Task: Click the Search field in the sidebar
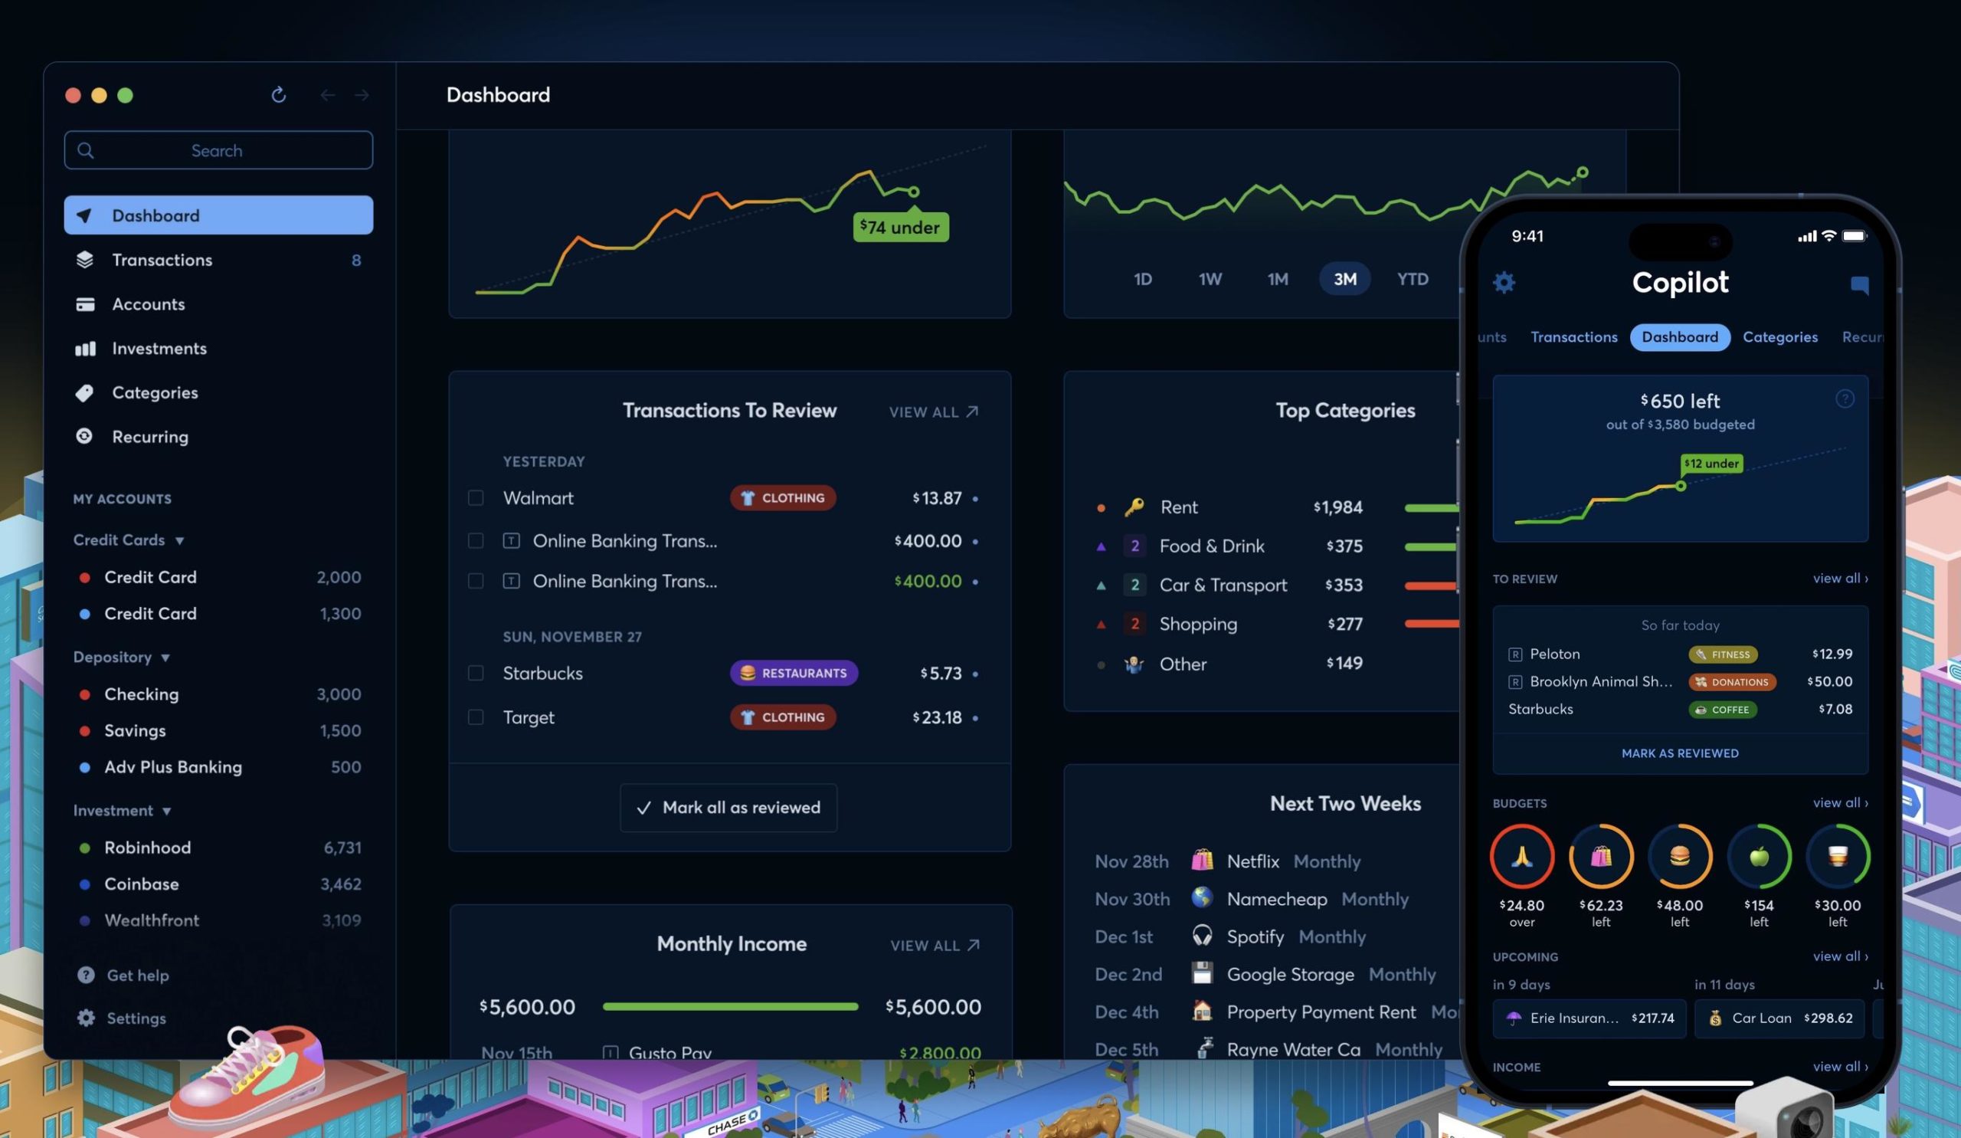218,150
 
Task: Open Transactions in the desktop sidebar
162,260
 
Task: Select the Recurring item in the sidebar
149,437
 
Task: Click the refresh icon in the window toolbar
279,95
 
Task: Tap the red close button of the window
73,95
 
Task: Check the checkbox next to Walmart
476,498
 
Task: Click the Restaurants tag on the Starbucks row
793,674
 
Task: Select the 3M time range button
1344,280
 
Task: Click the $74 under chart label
900,228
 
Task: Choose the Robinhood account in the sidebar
147,848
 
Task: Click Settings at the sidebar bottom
136,1018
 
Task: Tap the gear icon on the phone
1504,283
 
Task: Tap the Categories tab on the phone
1779,337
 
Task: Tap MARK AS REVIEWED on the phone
1679,753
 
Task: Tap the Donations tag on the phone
1731,682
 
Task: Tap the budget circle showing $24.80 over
1521,857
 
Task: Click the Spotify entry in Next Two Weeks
1255,936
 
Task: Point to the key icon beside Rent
1134,507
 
